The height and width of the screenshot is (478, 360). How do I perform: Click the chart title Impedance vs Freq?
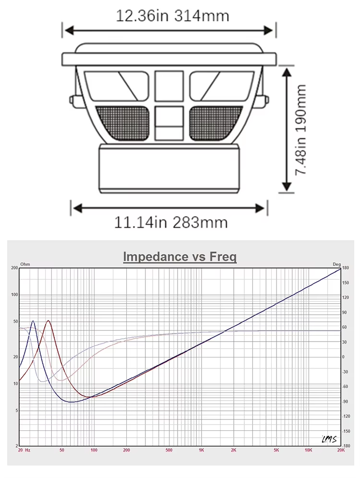click(180, 257)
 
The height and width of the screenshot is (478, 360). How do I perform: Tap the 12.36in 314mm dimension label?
click(172, 16)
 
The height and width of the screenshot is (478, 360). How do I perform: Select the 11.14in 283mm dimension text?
click(171, 222)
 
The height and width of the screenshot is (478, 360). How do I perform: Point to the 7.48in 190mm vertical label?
click(300, 130)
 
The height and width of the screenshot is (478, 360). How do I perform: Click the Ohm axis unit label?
click(25, 264)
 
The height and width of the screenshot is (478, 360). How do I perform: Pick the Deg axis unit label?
click(336, 264)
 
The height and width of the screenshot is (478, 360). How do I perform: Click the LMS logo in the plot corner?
click(329, 439)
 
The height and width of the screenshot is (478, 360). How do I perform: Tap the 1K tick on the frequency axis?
click(201, 450)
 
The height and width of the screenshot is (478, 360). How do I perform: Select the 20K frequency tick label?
click(341, 450)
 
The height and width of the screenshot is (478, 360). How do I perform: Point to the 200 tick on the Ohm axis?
click(14, 268)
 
